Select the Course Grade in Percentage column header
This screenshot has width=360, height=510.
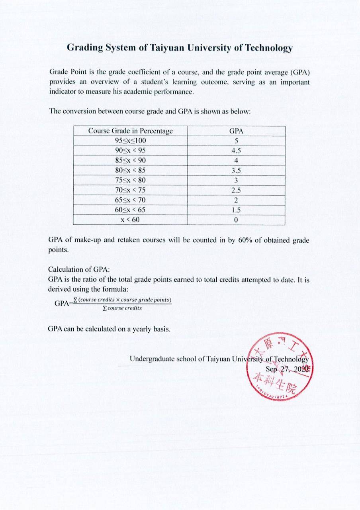[x=130, y=131]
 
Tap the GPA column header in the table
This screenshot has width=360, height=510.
[x=236, y=131]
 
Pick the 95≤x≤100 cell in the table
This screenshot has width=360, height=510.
[x=130, y=141]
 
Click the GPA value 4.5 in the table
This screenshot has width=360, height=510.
[x=236, y=151]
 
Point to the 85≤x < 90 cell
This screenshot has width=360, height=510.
[x=130, y=161]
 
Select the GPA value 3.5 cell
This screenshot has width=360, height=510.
[x=236, y=171]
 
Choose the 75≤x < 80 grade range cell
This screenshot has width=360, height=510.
[x=130, y=180]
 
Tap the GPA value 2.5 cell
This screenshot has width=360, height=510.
[x=236, y=190]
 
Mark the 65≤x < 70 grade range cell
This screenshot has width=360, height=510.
[x=130, y=200]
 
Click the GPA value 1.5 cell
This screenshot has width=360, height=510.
[x=236, y=210]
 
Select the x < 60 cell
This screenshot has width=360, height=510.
[x=130, y=220]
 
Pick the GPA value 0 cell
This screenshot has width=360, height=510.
[x=236, y=220]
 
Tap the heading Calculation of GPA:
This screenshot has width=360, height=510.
[x=79, y=270]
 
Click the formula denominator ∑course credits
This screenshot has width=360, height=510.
[x=122, y=308]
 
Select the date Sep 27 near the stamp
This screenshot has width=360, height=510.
[x=279, y=369]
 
